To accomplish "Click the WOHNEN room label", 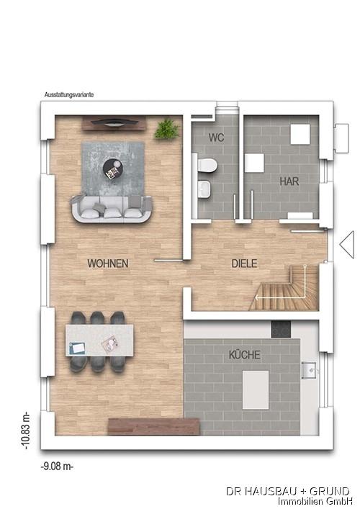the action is [108, 263].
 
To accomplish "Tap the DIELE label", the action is [244, 263].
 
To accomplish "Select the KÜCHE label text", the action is [244, 354].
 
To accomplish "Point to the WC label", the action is [216, 138].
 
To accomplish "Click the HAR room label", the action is [289, 181].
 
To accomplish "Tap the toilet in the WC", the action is [207, 165].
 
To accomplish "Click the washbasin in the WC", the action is [204, 189].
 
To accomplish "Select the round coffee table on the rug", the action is [113, 168].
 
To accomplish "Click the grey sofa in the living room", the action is [112, 208].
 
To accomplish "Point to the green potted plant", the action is [167, 129].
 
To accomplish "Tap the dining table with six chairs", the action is [99, 341].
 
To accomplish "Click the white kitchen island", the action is [256, 390].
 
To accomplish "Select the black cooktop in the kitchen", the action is [281, 329].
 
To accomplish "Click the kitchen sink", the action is [310, 370].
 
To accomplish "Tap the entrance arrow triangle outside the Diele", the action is [347, 245].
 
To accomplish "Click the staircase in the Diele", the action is [285, 288].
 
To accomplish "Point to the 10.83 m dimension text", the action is [27, 431].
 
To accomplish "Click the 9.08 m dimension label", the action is [57, 466].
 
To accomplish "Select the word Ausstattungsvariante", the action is [69, 95].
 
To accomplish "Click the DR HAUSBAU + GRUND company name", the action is [287, 491].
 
